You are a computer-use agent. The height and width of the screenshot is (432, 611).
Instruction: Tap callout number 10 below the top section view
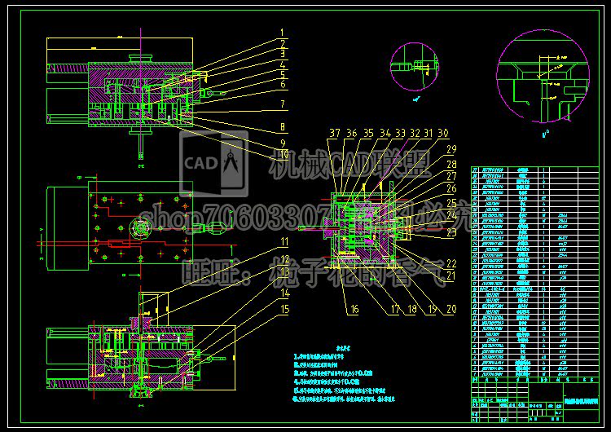coord(283,154)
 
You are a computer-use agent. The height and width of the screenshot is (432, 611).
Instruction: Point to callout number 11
coord(284,241)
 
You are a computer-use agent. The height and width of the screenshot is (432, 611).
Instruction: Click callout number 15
coord(284,308)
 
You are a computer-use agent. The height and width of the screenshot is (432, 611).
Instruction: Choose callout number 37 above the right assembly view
coord(335,132)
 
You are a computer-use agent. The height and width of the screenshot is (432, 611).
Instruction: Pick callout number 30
coord(443,132)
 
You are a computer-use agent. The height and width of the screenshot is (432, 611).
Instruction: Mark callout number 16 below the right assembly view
coord(354,308)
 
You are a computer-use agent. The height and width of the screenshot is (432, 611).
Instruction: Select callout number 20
coord(451,308)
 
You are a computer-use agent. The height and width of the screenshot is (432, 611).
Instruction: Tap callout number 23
coord(451,232)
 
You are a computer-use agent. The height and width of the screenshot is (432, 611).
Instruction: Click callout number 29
coord(451,148)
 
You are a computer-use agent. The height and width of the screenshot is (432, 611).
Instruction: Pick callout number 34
coord(386,132)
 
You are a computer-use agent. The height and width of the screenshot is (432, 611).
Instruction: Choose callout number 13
coord(284,275)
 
